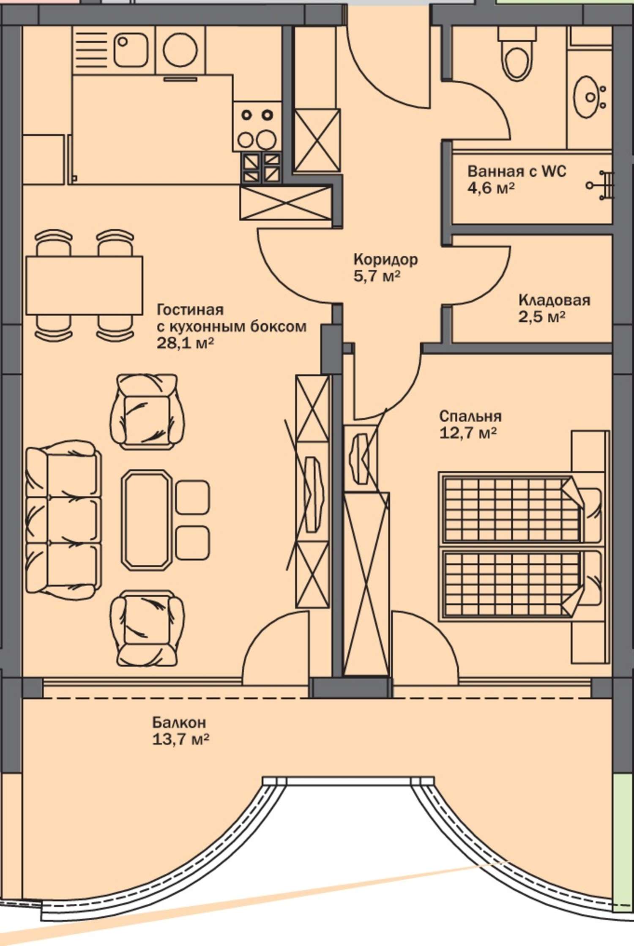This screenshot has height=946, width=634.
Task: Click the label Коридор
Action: [x=385, y=259]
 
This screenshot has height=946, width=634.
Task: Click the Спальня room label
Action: [x=470, y=416]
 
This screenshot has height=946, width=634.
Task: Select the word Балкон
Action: [x=179, y=722]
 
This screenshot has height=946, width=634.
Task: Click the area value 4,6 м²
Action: [x=491, y=188]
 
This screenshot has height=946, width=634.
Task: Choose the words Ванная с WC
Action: [x=516, y=172]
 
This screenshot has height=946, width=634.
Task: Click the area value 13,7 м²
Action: [x=180, y=739]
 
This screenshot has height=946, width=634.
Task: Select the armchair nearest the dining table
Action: [x=148, y=412]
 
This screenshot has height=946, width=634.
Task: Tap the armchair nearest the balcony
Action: [x=148, y=629]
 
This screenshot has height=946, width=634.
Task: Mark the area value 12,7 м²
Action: [x=468, y=433]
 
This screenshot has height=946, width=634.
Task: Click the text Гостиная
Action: [x=190, y=310]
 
